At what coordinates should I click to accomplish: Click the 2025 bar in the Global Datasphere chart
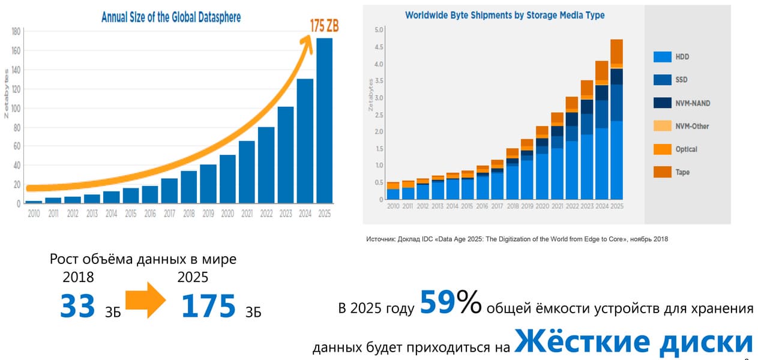[x=324, y=120]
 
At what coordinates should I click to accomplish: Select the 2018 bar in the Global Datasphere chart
[x=188, y=187]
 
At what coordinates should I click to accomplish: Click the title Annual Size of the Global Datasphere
[x=171, y=17]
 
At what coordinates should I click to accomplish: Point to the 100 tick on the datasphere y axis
[x=16, y=109]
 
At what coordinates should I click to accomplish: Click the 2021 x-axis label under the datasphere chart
[x=247, y=214]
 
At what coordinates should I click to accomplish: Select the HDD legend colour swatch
[x=662, y=57]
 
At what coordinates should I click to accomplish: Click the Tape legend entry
[x=682, y=172]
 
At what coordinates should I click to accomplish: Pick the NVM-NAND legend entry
[x=693, y=103]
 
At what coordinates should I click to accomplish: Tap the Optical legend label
[x=686, y=149]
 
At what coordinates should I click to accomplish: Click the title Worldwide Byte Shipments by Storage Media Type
[x=505, y=15]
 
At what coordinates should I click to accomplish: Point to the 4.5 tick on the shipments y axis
[x=378, y=47]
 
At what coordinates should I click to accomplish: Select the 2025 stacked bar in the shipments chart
[x=616, y=120]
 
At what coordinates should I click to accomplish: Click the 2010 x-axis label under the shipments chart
[x=393, y=206]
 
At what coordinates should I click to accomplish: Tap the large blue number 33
[x=77, y=306]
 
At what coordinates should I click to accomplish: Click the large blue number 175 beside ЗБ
[x=208, y=306]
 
